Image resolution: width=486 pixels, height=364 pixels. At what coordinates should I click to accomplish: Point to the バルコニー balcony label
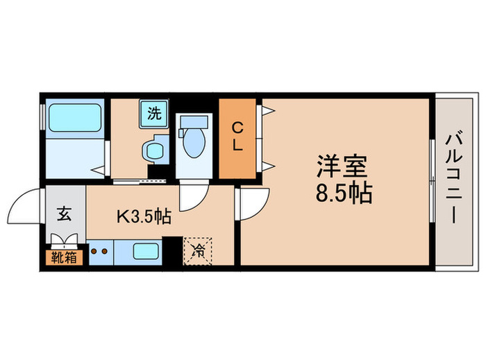451,178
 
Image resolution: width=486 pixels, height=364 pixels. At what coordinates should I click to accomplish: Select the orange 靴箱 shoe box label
65,258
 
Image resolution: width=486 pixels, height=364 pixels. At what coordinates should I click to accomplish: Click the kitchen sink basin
146,252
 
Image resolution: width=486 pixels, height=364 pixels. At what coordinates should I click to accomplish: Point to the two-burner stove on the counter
98,252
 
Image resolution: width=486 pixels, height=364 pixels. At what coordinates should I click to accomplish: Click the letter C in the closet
237,128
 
